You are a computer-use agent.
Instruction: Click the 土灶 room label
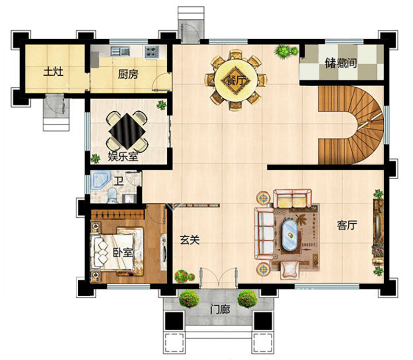(53, 72)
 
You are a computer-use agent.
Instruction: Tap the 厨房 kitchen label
(128, 74)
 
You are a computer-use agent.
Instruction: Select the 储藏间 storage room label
(341, 63)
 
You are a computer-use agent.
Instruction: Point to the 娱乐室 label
(123, 157)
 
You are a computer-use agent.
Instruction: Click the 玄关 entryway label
(190, 240)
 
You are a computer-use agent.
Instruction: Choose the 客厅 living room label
(347, 225)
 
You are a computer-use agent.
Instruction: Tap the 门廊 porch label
(220, 309)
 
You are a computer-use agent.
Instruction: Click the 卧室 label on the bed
(123, 252)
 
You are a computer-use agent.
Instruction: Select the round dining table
(236, 80)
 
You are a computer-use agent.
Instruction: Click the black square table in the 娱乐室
(127, 131)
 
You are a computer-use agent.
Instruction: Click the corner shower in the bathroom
(100, 181)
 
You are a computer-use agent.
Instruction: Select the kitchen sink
(120, 51)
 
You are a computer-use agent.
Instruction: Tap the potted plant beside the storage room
(285, 51)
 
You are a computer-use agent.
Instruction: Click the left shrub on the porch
(189, 299)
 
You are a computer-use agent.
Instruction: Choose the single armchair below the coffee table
(290, 270)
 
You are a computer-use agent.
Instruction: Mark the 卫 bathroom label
(119, 181)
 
